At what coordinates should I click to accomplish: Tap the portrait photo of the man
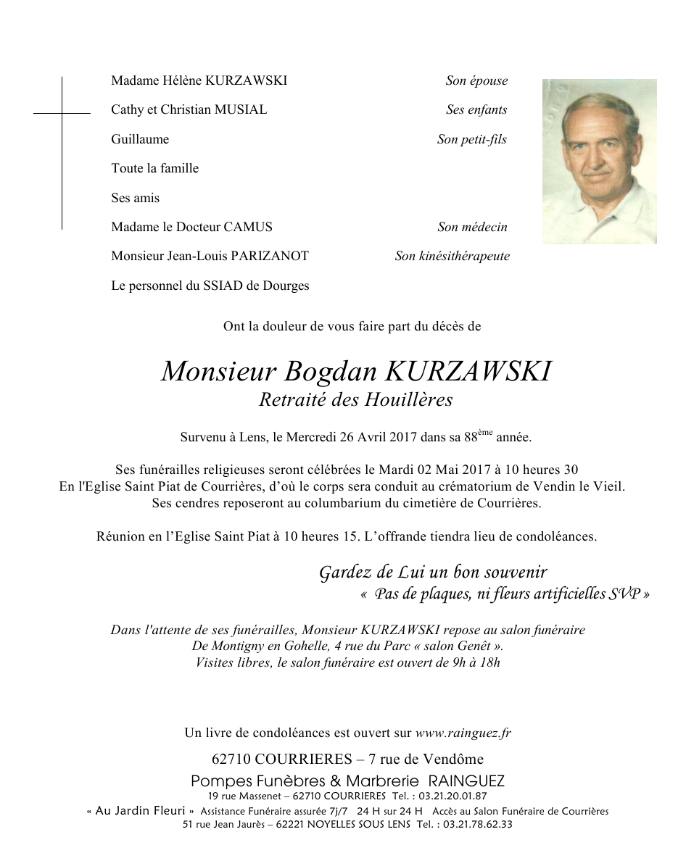tap(599, 161)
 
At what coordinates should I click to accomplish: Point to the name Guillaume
tap(140, 139)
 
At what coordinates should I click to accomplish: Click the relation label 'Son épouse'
tap(476, 81)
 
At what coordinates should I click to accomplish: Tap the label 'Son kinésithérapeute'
tap(452, 256)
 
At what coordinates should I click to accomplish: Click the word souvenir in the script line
tap(515, 573)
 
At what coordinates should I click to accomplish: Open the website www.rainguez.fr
tap(463, 733)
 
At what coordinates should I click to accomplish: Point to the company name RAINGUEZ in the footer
tap(466, 781)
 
